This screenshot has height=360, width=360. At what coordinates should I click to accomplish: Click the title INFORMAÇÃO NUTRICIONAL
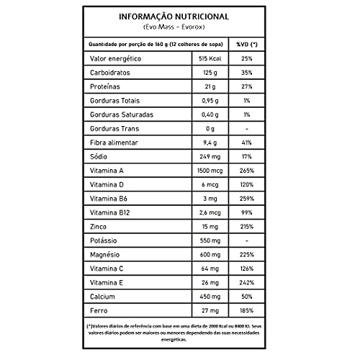(x=179, y=17)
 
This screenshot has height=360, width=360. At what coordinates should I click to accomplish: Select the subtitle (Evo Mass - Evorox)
(x=179, y=28)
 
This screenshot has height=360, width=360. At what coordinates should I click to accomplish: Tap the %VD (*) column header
(x=246, y=44)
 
